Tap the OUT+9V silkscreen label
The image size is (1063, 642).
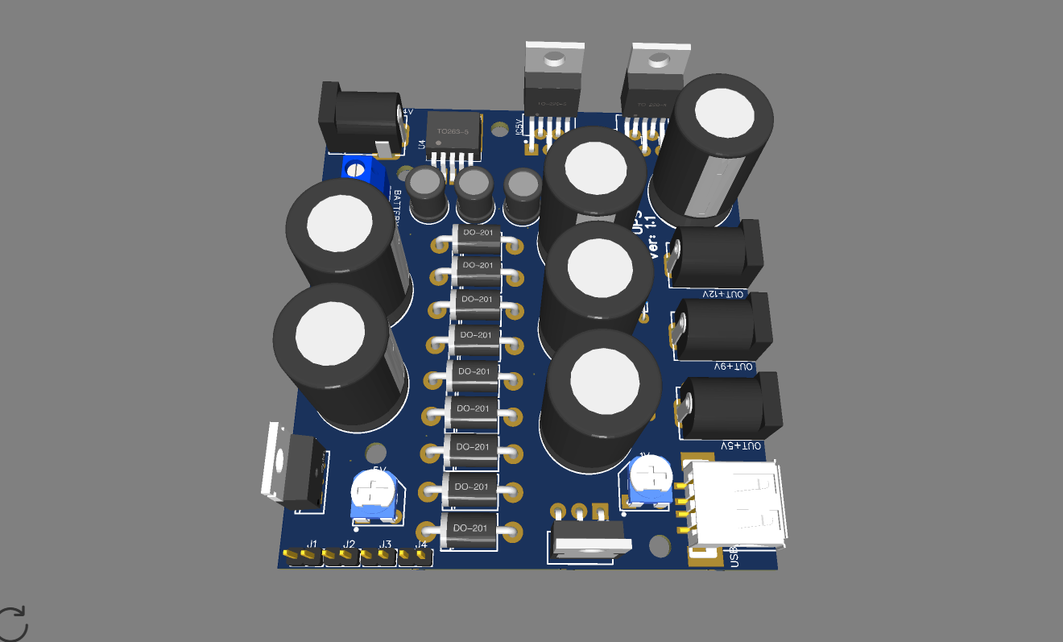(x=734, y=367)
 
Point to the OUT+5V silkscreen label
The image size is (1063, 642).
(x=740, y=445)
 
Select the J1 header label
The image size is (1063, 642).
(x=312, y=544)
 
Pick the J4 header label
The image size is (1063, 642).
(x=420, y=545)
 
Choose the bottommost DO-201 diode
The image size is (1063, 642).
(x=469, y=530)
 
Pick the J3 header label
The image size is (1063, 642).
(x=386, y=545)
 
